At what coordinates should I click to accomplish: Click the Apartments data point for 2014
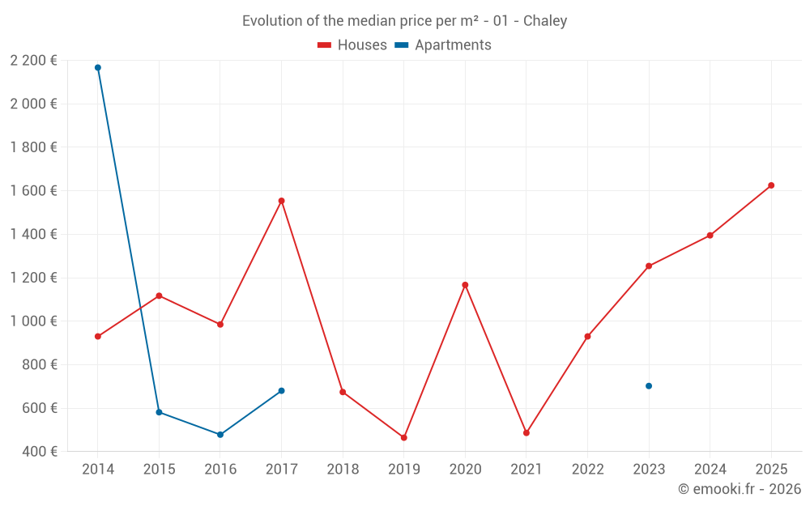pyautogui.click(x=98, y=67)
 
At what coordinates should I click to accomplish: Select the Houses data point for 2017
pyautogui.click(x=281, y=201)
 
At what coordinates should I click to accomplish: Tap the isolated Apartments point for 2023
pyautogui.click(x=649, y=385)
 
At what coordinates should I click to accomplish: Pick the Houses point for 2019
pyautogui.click(x=404, y=437)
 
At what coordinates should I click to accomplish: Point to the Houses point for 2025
pyautogui.click(x=771, y=185)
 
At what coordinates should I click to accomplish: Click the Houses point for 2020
pyautogui.click(x=465, y=285)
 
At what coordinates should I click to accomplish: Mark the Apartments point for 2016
pyautogui.click(x=220, y=435)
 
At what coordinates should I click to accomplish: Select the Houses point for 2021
pyautogui.click(x=526, y=433)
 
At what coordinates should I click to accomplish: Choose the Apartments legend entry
pyautogui.click(x=453, y=45)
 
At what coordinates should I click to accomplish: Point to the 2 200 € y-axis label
pyautogui.click(x=33, y=60)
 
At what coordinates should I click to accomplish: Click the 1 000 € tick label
pyautogui.click(x=33, y=321)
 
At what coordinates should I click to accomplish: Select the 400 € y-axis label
pyautogui.click(x=39, y=451)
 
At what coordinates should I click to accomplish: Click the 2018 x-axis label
pyautogui.click(x=343, y=469)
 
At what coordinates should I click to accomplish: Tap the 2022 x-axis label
pyautogui.click(x=587, y=469)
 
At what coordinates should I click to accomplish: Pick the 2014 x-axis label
pyautogui.click(x=98, y=469)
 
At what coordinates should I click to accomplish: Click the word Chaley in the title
pyautogui.click(x=545, y=21)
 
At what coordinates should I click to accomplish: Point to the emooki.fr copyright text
pyautogui.click(x=740, y=489)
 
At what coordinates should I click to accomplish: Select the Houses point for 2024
pyautogui.click(x=710, y=236)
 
